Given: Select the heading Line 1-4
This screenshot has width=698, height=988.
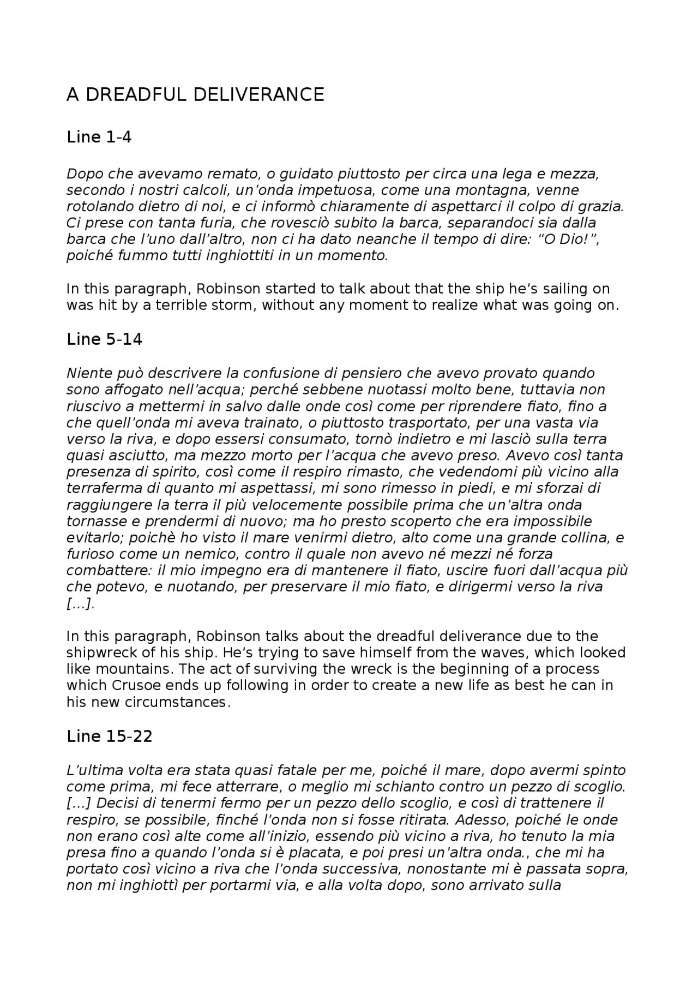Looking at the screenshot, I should pyautogui.click(x=99, y=137).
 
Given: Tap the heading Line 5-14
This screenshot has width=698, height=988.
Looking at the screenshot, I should pyautogui.click(x=104, y=339).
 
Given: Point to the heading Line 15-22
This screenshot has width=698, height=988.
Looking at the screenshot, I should pyautogui.click(x=109, y=736).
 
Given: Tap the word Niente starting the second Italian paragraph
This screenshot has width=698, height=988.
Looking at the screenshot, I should pyautogui.click(x=87, y=374).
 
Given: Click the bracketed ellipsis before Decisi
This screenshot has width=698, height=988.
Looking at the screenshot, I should pyautogui.click(x=78, y=804).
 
